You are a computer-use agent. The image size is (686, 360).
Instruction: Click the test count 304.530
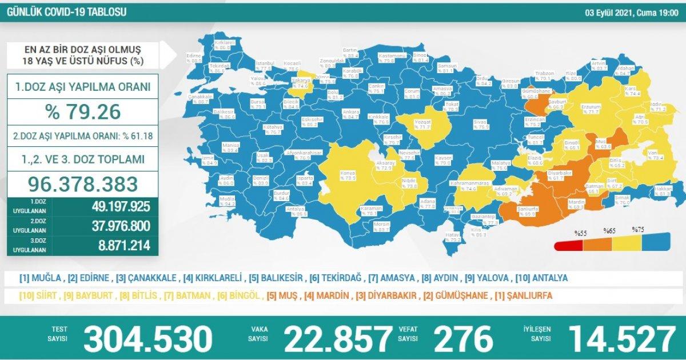147,339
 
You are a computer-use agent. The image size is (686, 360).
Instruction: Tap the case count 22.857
338,339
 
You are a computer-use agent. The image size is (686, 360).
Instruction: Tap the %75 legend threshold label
638,230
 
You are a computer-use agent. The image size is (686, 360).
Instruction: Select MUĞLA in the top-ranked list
45,279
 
